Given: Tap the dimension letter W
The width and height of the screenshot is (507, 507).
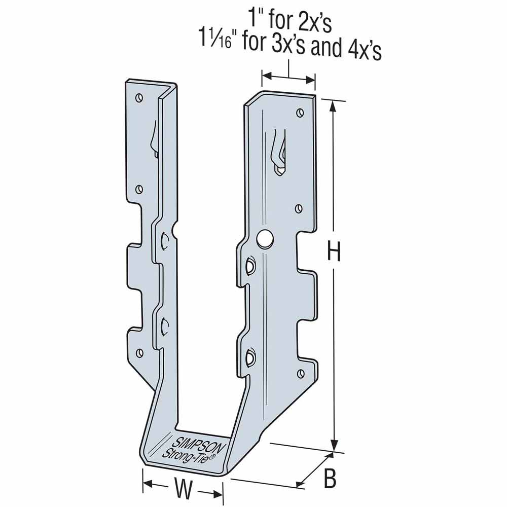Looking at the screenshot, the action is click(x=183, y=489).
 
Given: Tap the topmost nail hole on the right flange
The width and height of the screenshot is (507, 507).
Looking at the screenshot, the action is click(x=300, y=113).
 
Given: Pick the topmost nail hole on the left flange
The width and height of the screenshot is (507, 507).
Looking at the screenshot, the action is click(x=139, y=98).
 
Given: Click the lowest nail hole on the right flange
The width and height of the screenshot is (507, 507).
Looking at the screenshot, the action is click(x=301, y=374).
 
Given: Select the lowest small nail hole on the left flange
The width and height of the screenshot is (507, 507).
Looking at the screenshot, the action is click(x=140, y=352).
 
